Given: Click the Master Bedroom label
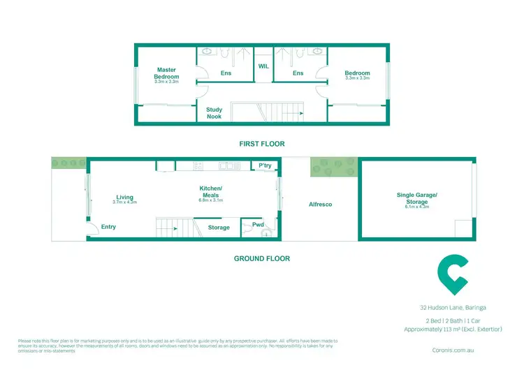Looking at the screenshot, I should (x=167, y=73).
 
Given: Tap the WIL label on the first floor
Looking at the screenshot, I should (x=263, y=66).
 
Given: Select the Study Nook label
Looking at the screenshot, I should (x=214, y=113).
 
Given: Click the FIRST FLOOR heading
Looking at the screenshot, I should (x=261, y=144).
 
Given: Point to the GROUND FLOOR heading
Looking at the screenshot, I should (x=261, y=258).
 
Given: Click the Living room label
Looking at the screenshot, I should (x=125, y=197).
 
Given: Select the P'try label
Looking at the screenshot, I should (x=265, y=165).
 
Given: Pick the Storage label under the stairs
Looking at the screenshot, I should (x=219, y=228).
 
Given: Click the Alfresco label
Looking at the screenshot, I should (x=320, y=205).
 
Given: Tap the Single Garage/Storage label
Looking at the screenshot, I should (x=416, y=198).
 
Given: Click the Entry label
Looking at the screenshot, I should (x=108, y=227).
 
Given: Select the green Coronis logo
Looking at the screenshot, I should (x=452, y=275).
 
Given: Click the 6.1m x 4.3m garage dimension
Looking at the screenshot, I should (x=416, y=207).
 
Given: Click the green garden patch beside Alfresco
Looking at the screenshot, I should (x=334, y=167).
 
